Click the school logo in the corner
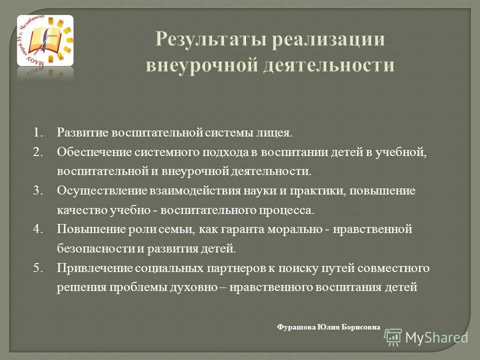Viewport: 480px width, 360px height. (x=45, y=41)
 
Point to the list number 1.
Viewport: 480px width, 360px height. (x=38, y=133)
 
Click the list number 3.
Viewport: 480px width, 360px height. (x=38, y=190)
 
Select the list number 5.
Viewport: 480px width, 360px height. (x=38, y=268)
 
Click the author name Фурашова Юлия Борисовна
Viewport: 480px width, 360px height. (x=328, y=327)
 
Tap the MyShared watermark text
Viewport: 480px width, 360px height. (x=436, y=337)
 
